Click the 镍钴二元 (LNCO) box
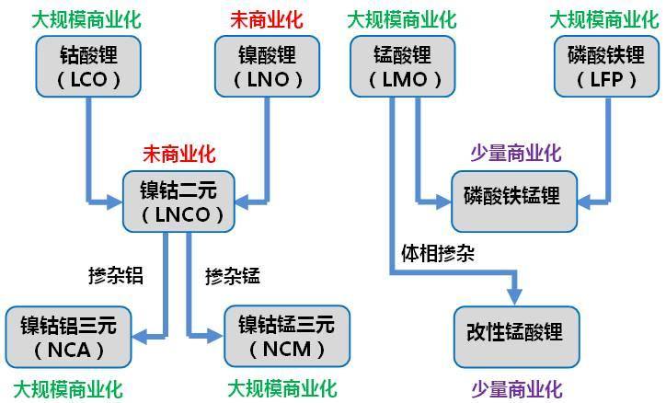point(182,201)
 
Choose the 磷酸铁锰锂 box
point(511,198)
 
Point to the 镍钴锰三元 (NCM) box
point(281,335)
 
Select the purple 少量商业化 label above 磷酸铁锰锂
point(516,152)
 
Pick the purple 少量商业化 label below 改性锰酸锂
point(516,387)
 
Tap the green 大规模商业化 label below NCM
point(282,387)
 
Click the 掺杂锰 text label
point(234,275)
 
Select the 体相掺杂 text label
point(437,251)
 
